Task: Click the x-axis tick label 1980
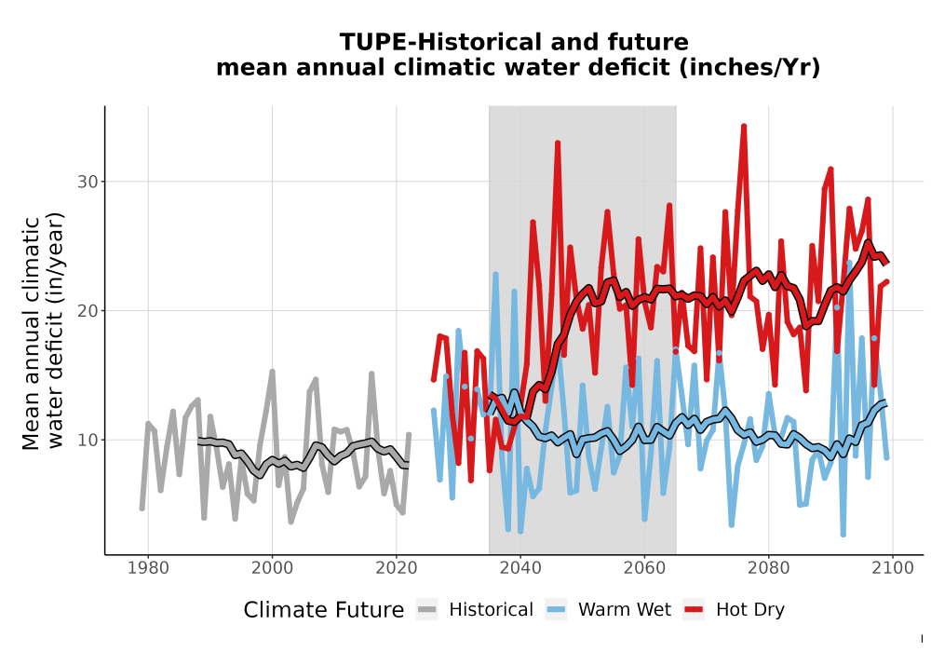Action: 148,568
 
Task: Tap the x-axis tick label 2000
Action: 272,568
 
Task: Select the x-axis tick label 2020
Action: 396,568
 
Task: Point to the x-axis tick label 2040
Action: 520,568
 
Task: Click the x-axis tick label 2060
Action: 644,568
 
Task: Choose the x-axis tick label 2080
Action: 768,568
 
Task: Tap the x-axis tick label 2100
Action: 893,568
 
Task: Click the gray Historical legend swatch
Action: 427,610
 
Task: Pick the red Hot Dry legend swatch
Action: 694,610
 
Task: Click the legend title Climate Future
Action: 324,610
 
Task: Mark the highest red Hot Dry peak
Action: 743,127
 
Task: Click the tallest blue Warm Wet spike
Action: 849,263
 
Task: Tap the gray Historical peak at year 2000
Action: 272,372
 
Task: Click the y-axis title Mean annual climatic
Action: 31,333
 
